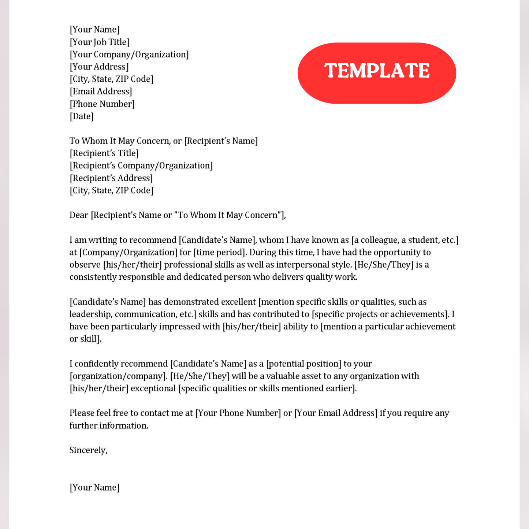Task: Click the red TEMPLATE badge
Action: tap(377, 73)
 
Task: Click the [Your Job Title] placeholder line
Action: tap(99, 42)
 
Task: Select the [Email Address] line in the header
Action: tap(101, 92)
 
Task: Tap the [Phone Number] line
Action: tap(102, 104)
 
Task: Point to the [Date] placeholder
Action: tap(82, 116)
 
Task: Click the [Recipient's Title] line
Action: tap(104, 153)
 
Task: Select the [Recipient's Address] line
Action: tap(111, 178)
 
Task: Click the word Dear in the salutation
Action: tap(79, 215)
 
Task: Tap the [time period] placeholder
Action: tap(219, 253)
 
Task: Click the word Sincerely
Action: tap(88, 450)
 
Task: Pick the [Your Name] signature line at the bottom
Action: tap(94, 488)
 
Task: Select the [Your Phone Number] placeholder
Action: tap(238, 413)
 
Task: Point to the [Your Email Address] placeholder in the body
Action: tap(336, 413)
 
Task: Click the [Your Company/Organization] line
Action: tap(129, 55)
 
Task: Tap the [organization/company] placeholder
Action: tap(118, 376)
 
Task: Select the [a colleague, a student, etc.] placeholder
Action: tap(405, 240)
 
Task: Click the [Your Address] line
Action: tap(99, 67)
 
